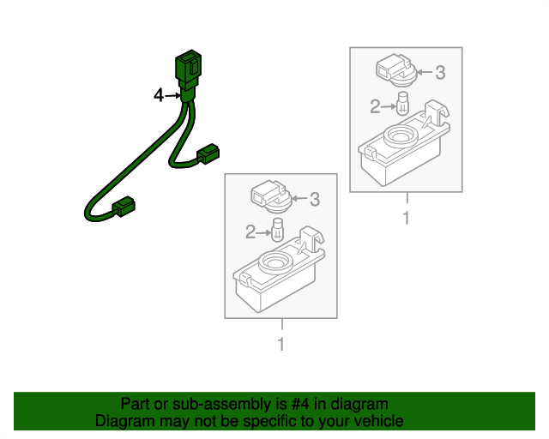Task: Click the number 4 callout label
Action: (x=158, y=96)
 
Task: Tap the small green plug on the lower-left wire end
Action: (x=124, y=206)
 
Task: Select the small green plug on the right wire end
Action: (x=208, y=155)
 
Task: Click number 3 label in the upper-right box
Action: (x=440, y=73)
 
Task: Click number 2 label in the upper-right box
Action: (x=375, y=106)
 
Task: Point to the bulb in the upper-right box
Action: (x=401, y=106)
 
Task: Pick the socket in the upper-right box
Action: (x=395, y=69)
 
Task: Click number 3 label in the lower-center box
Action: (x=314, y=200)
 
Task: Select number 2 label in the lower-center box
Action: (x=250, y=232)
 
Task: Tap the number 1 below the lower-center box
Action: (x=281, y=344)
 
